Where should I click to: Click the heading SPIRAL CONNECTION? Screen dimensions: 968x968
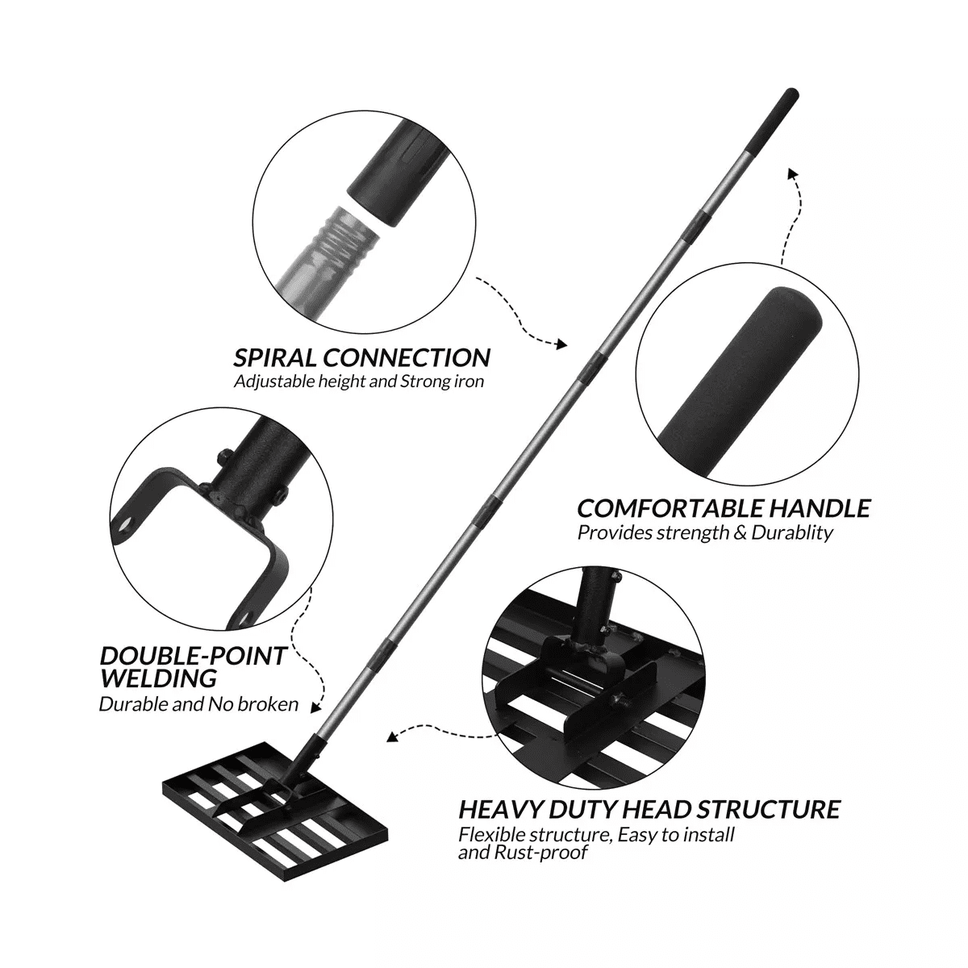point(361,357)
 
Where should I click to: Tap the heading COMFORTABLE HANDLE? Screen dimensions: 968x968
point(724,508)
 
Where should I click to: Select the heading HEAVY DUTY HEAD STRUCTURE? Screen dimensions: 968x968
point(649,809)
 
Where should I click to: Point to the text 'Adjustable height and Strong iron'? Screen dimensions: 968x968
point(359,382)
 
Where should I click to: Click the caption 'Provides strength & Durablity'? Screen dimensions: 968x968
point(705,533)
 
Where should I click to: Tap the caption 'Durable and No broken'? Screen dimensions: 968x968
point(198,704)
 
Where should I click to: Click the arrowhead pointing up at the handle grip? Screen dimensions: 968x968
point(792,173)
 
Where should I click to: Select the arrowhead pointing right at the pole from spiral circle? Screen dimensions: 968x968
point(561,345)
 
